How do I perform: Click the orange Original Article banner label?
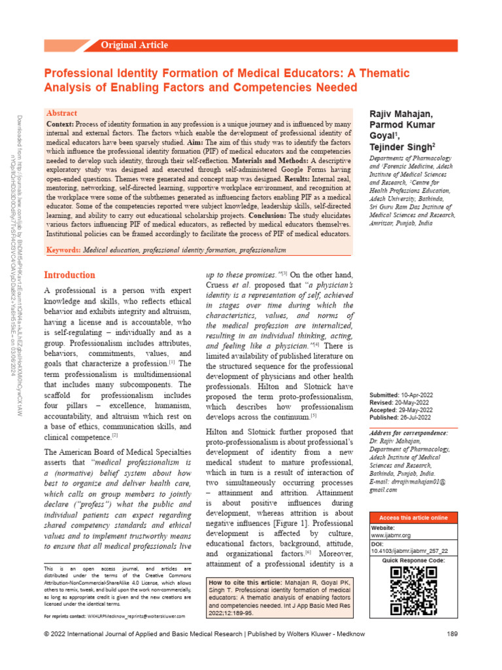[134, 45]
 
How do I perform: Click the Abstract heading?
[61, 113]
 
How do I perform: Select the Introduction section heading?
[69, 275]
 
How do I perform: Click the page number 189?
[452, 652]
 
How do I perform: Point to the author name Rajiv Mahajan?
[401, 115]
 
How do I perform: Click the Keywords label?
[64, 251]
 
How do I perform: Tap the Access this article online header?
[413, 518]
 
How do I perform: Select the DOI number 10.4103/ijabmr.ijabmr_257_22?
[414, 552]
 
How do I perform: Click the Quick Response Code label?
[413, 561]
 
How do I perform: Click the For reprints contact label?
[65, 616]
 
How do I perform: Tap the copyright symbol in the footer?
[46, 652]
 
